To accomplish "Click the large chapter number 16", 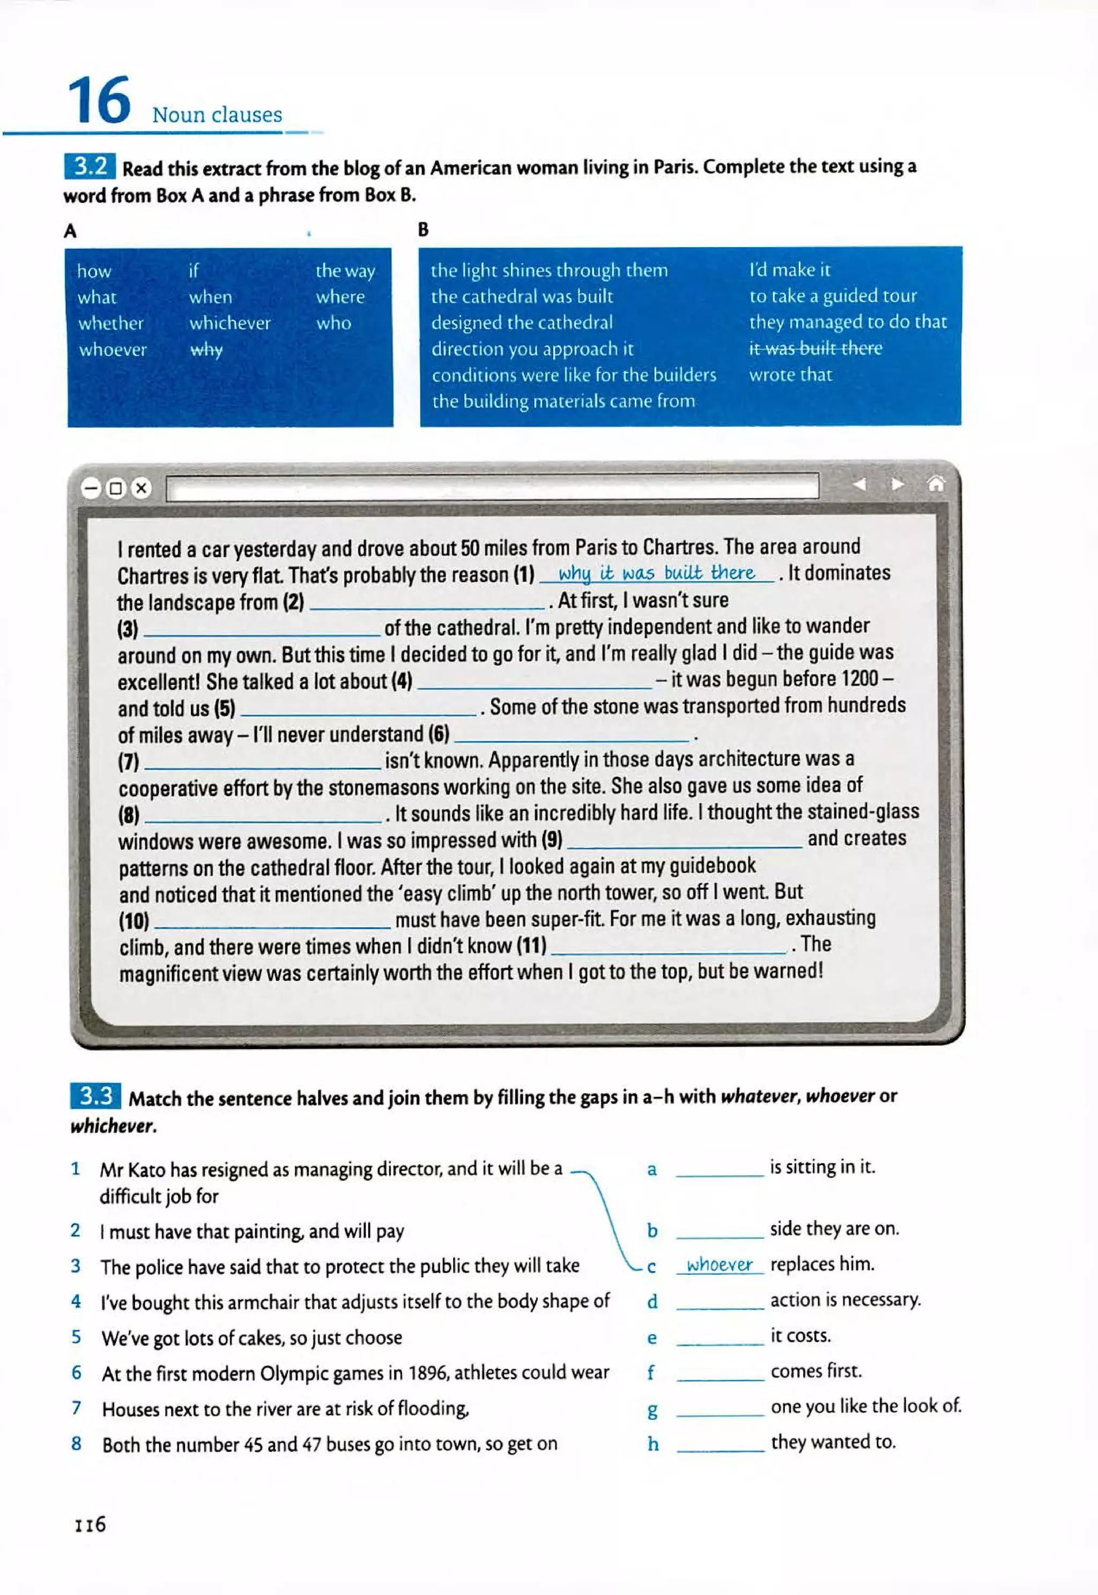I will (99, 101).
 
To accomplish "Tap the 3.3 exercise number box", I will (95, 1095).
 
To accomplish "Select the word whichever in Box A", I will (230, 323).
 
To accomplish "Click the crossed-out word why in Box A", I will (206, 349).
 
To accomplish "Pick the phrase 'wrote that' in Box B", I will (790, 375).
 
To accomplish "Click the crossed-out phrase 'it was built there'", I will (815, 349).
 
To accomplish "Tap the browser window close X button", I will (141, 488).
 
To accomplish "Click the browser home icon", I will (936, 484).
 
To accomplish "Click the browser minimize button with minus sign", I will (91, 488).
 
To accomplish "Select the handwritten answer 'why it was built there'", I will (656, 573).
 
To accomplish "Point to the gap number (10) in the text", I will (133, 921).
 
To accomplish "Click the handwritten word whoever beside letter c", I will (719, 1265).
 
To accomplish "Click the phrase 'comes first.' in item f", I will (816, 1372).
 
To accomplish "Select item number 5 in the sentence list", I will (76, 1337).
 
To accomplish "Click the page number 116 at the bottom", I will (90, 1525).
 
